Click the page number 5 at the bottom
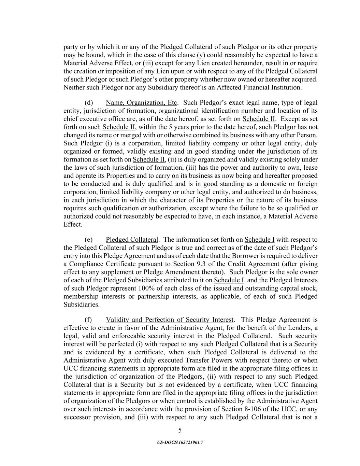[x=180, y=430]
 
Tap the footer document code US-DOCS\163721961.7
[x=180, y=442]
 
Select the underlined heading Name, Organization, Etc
[x=141, y=103]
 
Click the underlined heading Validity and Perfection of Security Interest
[x=170, y=320]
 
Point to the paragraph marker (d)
[x=88, y=103]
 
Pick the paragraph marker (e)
[x=88, y=240]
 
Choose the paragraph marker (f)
[x=88, y=320]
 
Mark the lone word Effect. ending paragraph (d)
[x=73, y=225]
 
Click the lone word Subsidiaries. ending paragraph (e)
[x=82, y=305]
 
